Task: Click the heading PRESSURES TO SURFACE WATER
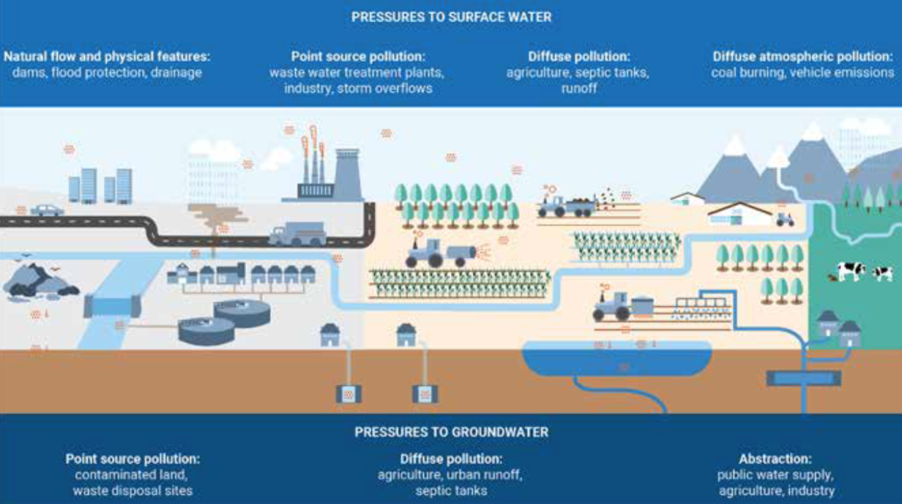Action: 451,17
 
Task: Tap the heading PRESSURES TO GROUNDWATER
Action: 451,431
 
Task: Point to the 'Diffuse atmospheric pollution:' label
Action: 802,57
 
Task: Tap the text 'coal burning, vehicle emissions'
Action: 802,73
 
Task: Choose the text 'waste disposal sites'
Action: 132,491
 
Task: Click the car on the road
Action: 46,210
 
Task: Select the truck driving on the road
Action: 297,234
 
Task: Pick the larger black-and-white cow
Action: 850,271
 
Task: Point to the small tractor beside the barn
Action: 784,219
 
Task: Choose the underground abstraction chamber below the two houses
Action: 803,378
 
